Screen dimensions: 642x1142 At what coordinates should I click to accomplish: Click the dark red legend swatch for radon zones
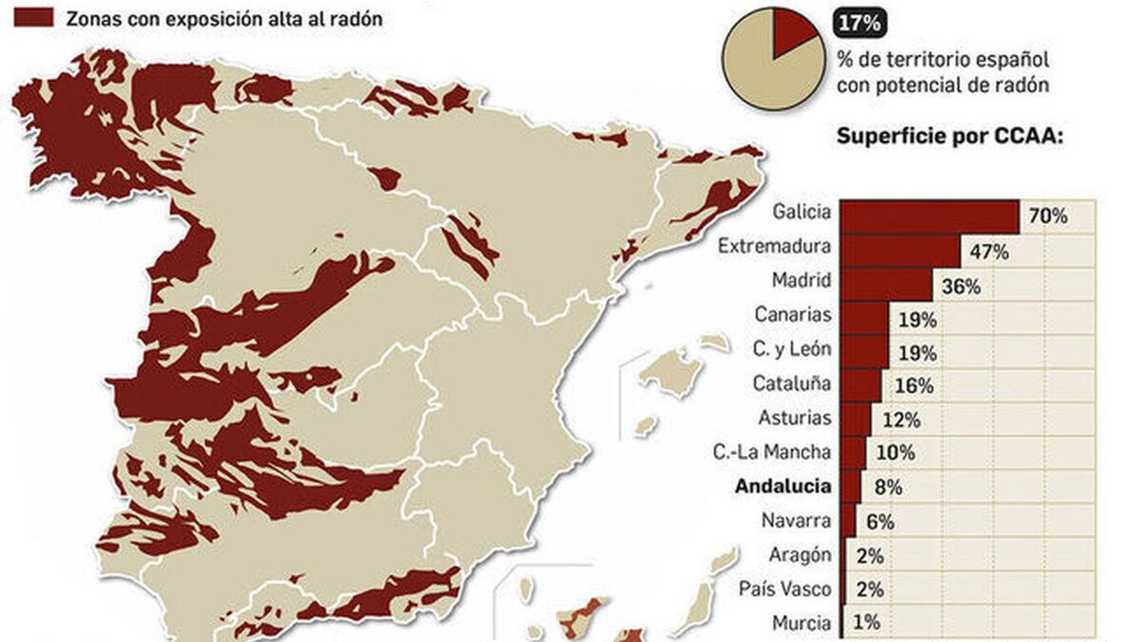34,18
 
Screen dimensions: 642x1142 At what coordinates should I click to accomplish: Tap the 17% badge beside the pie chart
859,24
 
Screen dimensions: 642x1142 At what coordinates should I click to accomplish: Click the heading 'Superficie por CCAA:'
949,136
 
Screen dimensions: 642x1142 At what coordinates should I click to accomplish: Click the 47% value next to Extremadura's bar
989,251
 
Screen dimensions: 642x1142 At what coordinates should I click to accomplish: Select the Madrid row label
802,280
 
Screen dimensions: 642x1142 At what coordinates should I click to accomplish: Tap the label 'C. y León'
792,349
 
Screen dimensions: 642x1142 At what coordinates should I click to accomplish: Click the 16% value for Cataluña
914,386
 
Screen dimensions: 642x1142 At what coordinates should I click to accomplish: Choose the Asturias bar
856,419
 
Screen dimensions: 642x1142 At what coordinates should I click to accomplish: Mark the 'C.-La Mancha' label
772,452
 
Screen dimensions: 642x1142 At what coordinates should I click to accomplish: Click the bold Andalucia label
783,486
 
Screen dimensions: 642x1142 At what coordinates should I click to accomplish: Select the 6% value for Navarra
879,522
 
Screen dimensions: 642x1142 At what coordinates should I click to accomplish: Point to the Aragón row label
800,555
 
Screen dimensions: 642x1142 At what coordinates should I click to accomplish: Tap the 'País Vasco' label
785,589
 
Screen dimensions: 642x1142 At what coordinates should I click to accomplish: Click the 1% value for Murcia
866,623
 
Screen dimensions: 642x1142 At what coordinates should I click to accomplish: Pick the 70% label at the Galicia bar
1048,215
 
